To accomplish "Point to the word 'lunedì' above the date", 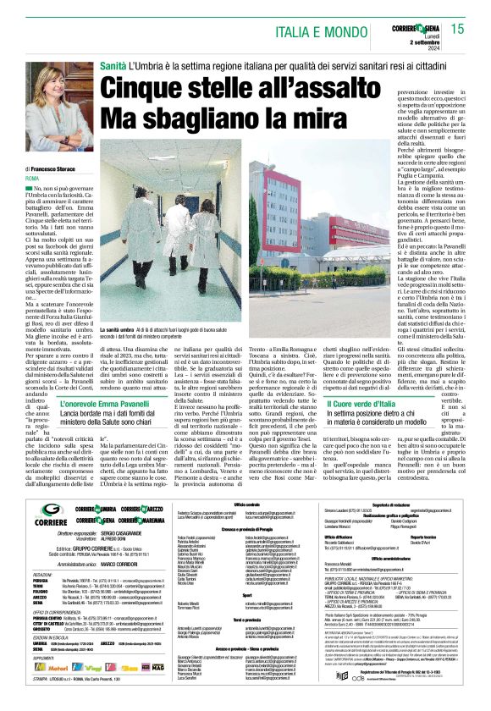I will click(426, 39).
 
